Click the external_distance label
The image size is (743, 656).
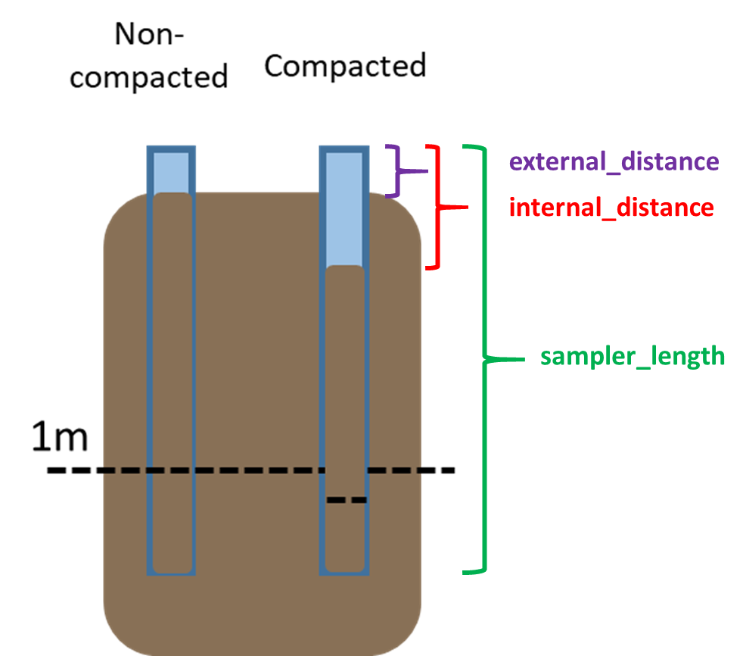click(614, 161)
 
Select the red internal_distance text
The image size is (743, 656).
click(611, 207)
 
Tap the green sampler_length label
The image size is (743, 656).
click(633, 356)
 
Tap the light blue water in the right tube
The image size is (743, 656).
click(344, 208)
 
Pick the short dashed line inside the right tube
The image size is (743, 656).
click(347, 500)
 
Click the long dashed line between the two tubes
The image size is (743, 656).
click(257, 470)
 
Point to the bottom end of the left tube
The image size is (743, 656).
click(171, 572)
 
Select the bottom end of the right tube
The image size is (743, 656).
click(344, 572)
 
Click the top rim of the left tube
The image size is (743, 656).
click(171, 148)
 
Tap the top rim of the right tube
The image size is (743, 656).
click(344, 148)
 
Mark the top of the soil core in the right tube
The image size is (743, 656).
click(345, 268)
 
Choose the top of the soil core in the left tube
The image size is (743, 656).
click(171, 195)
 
